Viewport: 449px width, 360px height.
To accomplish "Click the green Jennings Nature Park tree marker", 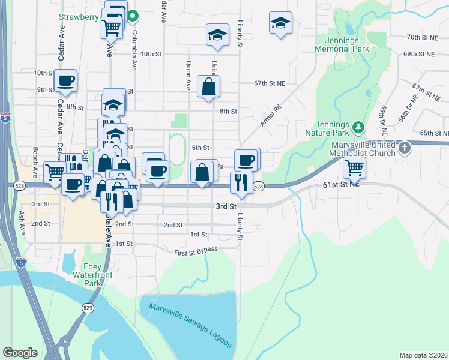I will (358, 127).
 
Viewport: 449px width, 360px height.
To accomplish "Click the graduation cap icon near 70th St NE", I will (280, 23).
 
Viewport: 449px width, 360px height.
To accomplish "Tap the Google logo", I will (20, 353).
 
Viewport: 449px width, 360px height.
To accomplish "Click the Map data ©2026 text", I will (424, 355).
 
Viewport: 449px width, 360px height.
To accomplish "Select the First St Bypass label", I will (196, 250).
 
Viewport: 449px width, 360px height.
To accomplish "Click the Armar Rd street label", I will (271, 116).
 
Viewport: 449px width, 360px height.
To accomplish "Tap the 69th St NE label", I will (418, 53).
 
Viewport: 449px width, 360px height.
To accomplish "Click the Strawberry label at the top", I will (79, 17).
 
